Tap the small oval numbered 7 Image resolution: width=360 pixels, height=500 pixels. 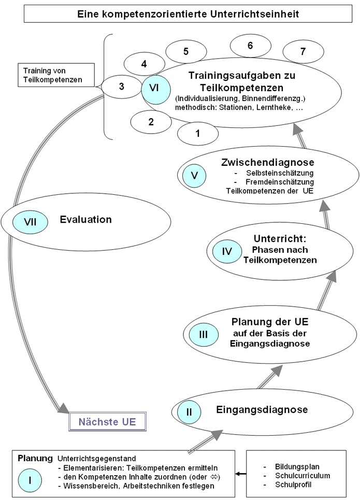pos(303,51)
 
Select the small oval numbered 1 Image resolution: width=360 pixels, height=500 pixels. pos(197,133)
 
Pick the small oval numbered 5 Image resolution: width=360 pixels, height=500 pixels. pos(185,51)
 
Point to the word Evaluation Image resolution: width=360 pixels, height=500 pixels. pos(86,219)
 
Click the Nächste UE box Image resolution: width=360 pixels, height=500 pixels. pos(107,422)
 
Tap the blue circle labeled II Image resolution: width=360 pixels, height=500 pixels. pos(189,412)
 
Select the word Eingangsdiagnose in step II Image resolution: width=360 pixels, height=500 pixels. pos(262,410)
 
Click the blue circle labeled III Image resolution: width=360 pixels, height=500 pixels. pos(203,334)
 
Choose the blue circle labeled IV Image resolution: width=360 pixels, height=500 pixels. pos(226,252)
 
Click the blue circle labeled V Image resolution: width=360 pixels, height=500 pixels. pos(194,175)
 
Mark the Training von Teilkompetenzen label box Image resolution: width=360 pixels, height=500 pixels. pos(56,74)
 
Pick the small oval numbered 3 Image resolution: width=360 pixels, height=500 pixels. pos(121,87)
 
